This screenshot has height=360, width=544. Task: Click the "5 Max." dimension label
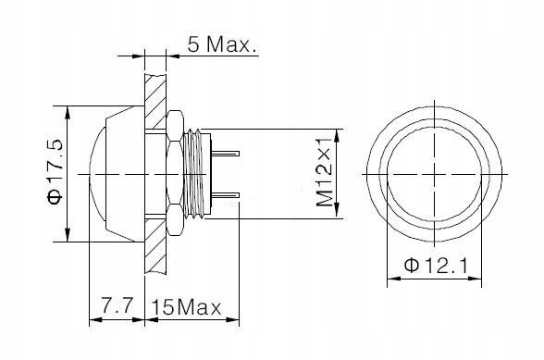(223, 44)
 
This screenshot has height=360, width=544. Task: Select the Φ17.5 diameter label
(56, 171)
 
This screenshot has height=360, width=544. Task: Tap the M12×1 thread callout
(325, 171)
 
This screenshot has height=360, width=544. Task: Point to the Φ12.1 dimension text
(436, 266)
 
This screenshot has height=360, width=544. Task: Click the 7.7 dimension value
(117, 306)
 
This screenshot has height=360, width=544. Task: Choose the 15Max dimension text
(186, 307)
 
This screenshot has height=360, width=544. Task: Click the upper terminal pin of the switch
(226, 153)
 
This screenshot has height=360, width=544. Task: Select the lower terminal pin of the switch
(226, 195)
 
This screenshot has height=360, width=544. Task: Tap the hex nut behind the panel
(175, 173)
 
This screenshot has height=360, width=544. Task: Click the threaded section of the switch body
(196, 174)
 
